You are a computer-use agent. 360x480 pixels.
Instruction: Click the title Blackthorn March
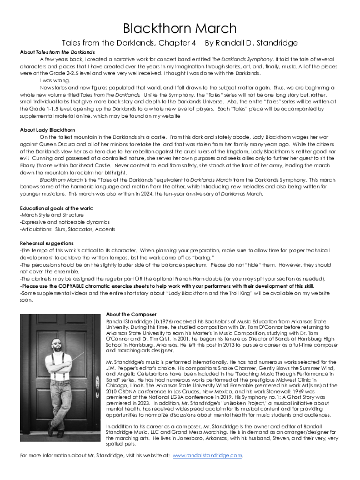click(179, 28)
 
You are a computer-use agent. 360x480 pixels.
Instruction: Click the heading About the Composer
click(131, 314)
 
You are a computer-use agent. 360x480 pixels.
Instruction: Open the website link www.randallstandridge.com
click(207, 456)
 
